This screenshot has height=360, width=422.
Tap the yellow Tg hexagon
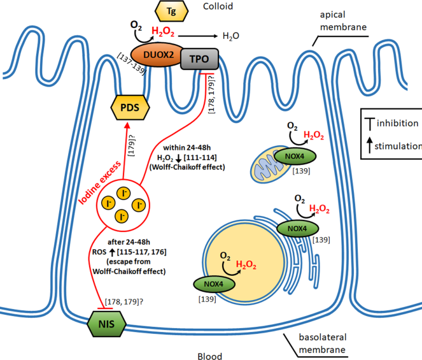coord(170,11)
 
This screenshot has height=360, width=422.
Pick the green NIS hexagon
coord(106,326)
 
